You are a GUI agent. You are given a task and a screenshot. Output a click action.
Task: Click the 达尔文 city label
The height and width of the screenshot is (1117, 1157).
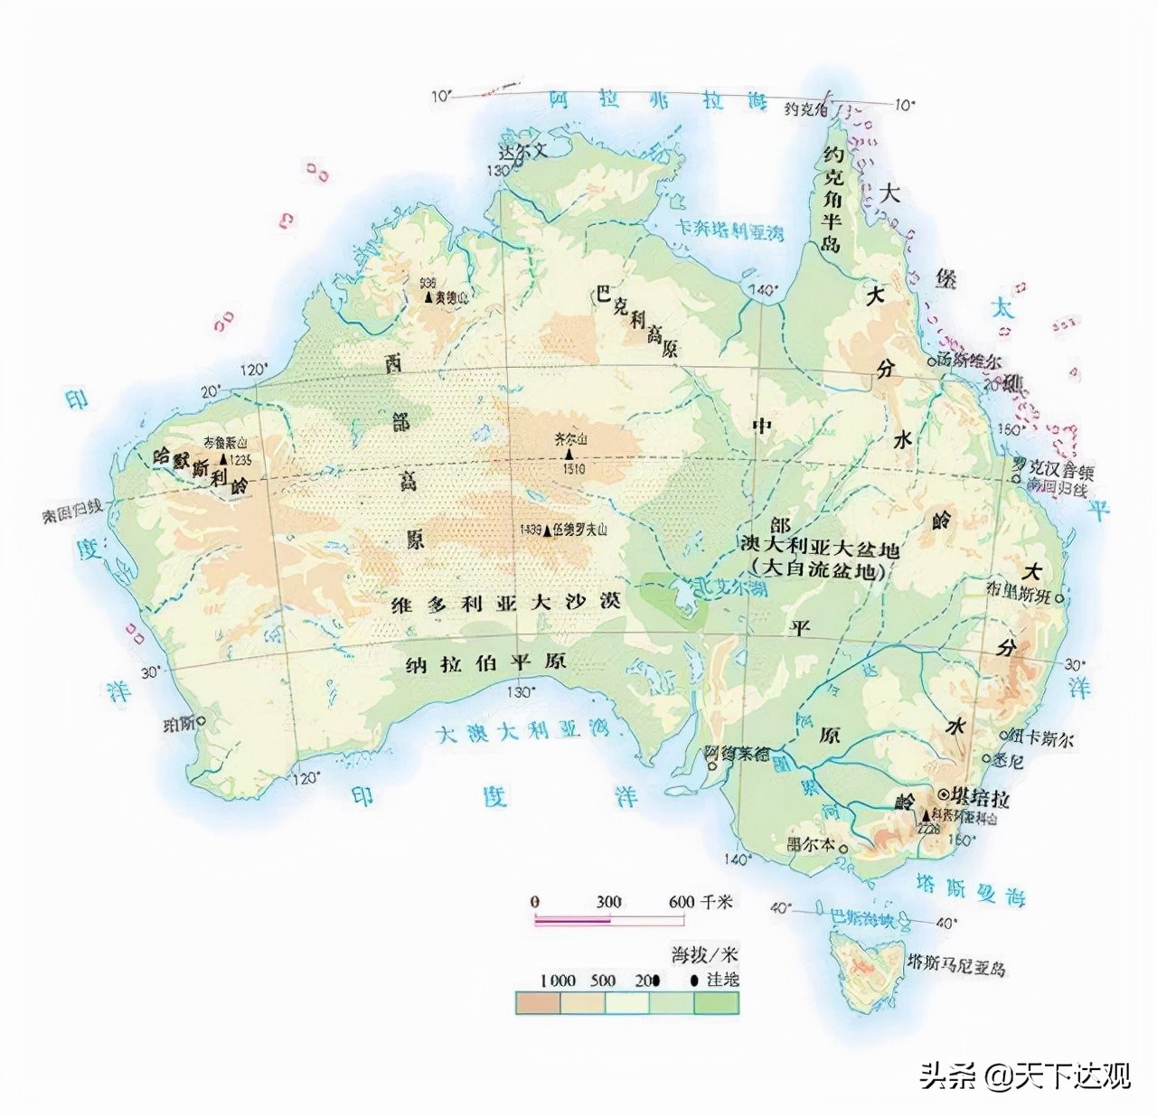click(x=524, y=151)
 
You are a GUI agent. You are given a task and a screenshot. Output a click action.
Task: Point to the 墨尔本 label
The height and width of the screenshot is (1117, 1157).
click(x=811, y=844)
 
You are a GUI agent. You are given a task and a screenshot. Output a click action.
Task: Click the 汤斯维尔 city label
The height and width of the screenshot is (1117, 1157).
click(x=968, y=359)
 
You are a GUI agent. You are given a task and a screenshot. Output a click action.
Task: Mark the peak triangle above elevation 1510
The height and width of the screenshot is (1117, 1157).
click(x=569, y=454)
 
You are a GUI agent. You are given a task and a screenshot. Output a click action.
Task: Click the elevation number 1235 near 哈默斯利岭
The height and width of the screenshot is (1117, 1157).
click(x=240, y=459)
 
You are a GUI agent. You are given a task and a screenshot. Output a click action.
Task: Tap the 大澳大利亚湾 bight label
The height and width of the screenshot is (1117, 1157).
click(x=522, y=732)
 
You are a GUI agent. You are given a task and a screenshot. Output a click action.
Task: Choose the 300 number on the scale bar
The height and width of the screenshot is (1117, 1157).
click(x=608, y=902)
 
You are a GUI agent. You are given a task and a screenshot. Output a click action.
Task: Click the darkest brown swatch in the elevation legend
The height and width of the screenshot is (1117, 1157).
click(x=538, y=1002)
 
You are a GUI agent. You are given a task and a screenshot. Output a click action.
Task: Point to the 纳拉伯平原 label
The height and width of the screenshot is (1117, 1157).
click(x=485, y=663)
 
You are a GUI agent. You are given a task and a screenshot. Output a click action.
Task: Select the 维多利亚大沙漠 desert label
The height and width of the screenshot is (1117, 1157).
click(x=505, y=604)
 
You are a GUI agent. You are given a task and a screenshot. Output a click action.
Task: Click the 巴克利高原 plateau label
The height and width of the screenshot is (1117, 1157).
click(x=636, y=320)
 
